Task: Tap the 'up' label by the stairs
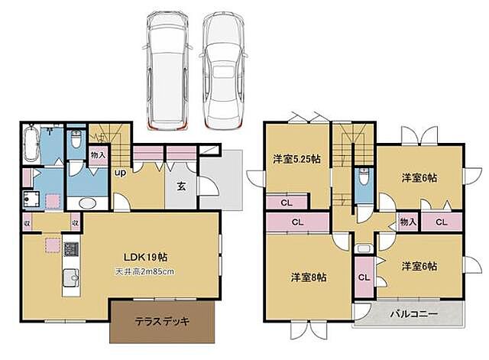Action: click(120, 173)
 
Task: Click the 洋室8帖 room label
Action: click(308, 277)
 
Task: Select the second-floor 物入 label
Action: click(407, 222)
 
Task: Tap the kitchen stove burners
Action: click(70, 250)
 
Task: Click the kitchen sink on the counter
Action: click(68, 277)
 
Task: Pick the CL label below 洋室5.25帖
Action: click(286, 203)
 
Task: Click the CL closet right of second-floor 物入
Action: click(441, 222)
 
